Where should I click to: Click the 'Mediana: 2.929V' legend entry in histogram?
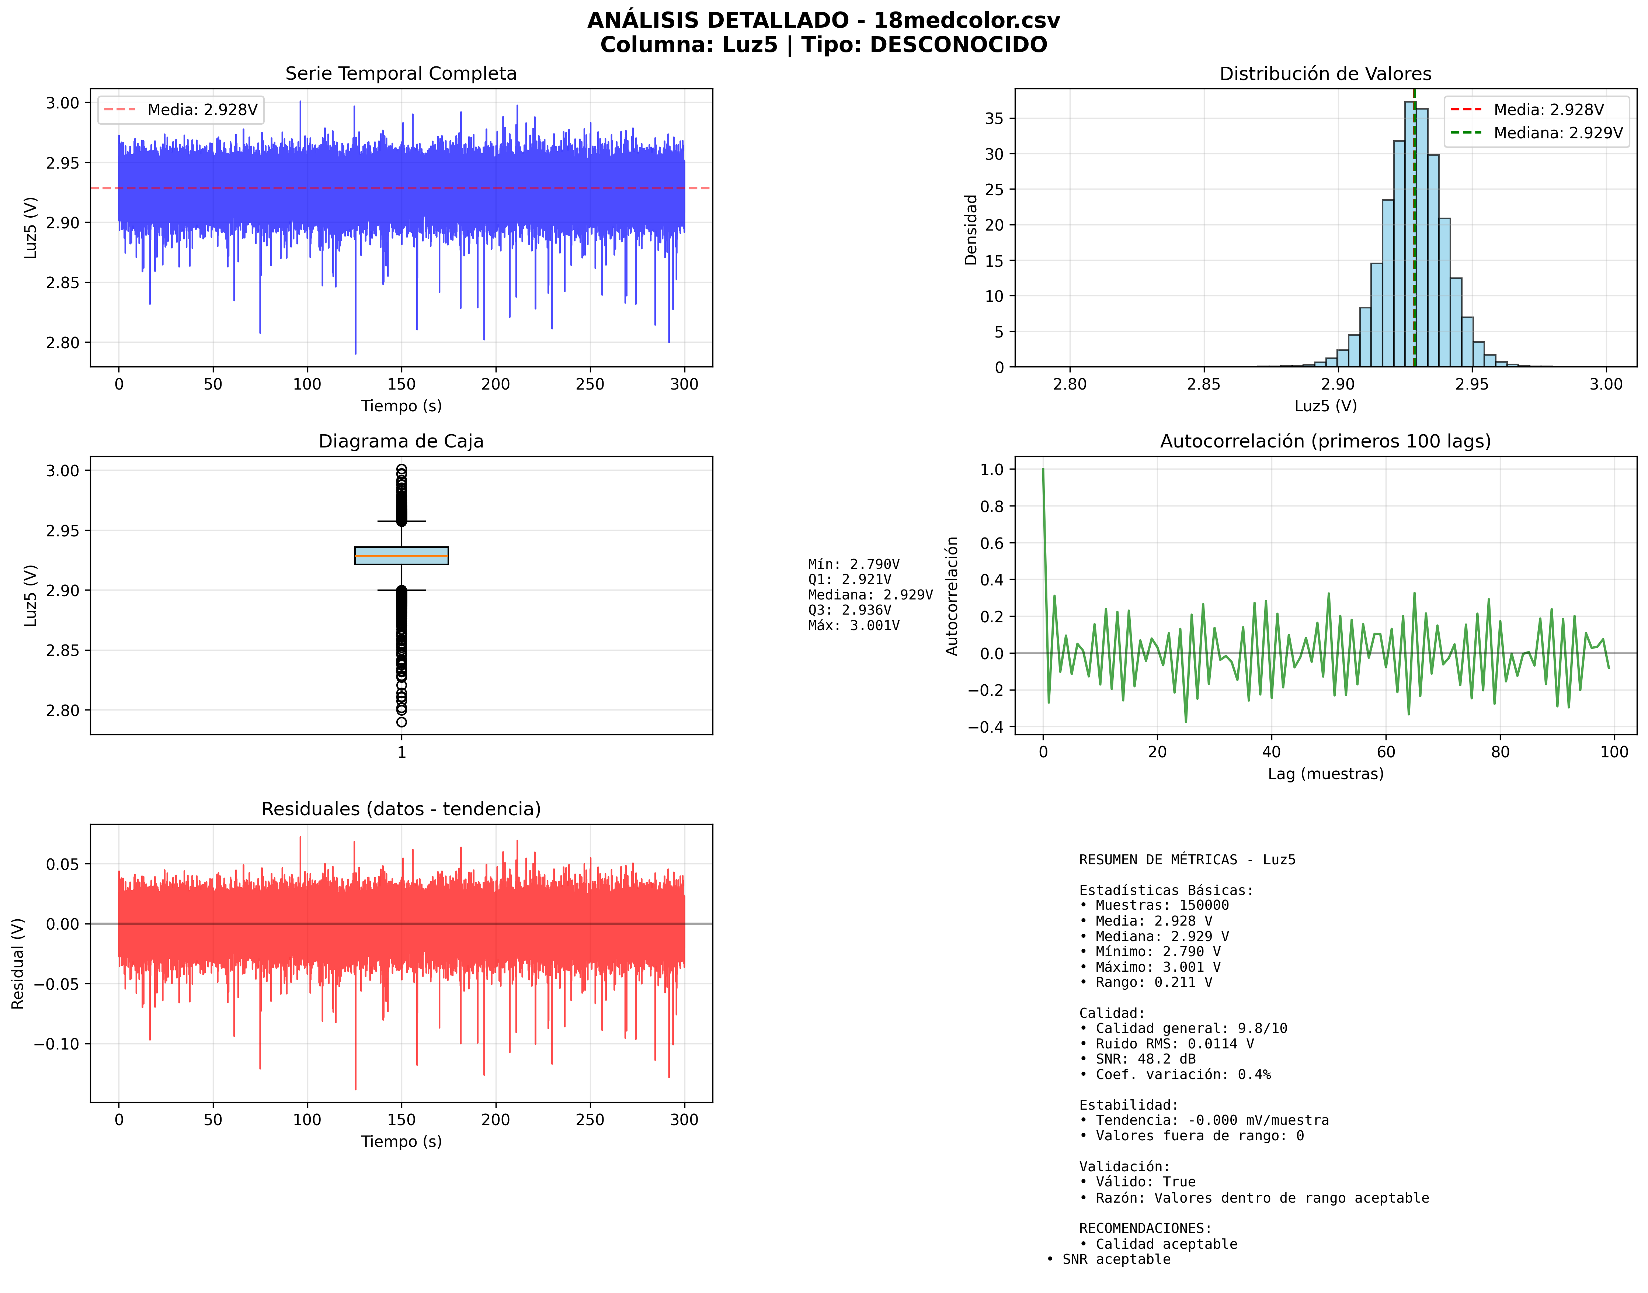tap(1557, 133)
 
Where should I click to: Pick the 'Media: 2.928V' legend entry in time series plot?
tap(202, 110)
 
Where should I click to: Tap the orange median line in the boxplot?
tap(401, 556)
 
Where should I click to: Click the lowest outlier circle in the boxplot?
tap(401, 722)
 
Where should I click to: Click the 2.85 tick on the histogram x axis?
tap(1203, 384)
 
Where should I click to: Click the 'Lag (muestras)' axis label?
tap(1325, 774)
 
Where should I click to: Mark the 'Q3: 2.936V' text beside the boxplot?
tap(849, 609)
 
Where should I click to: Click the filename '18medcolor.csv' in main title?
tap(966, 20)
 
